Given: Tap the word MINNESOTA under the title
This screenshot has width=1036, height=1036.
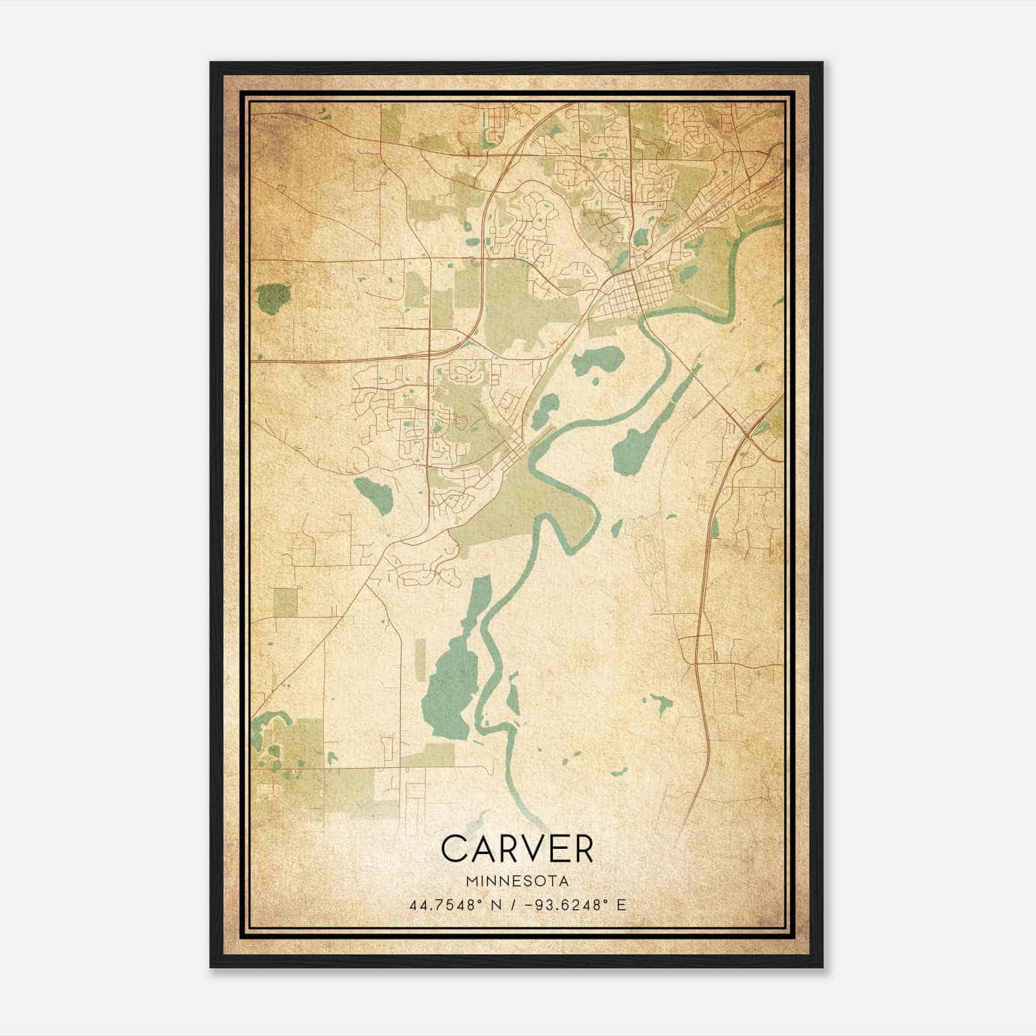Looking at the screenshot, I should click(516, 881).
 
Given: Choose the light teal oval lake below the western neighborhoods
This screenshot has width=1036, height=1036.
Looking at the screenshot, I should click(374, 495).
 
